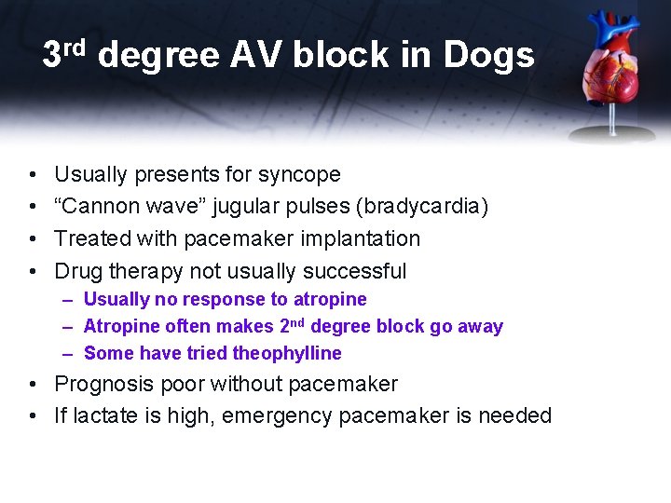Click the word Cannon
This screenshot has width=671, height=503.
(x=99, y=206)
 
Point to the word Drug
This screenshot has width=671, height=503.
(x=75, y=271)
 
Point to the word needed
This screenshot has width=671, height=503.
(x=514, y=415)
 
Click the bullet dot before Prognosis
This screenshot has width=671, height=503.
(x=33, y=385)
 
